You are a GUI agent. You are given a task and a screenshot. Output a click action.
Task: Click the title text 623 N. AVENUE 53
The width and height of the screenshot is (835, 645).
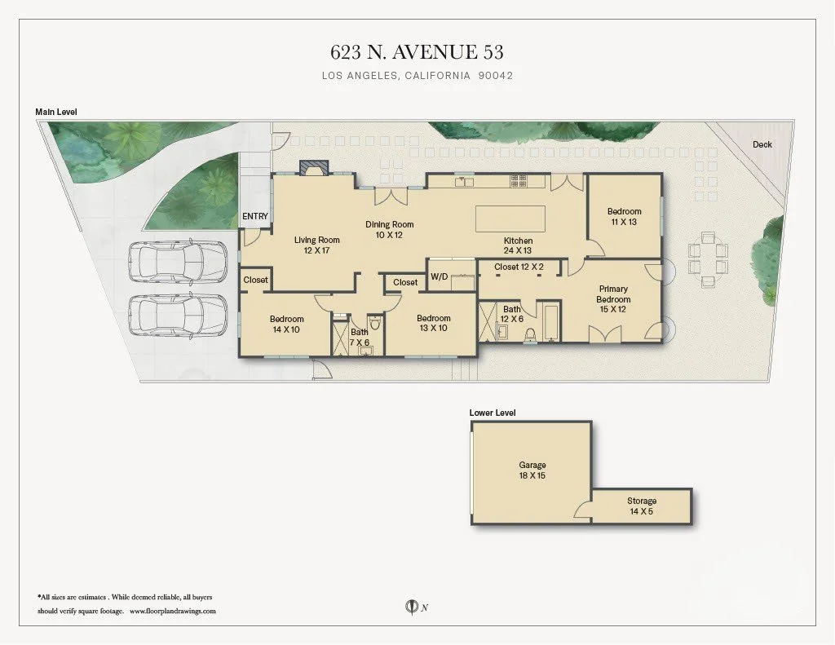[x=417, y=52]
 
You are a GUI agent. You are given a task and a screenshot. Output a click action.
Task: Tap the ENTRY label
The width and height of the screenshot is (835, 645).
[x=255, y=216]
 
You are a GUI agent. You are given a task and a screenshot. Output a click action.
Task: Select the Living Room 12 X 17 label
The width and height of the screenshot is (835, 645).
[x=316, y=245]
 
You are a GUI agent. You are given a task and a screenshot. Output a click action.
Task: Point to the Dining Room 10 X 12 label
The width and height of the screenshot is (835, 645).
[x=389, y=229]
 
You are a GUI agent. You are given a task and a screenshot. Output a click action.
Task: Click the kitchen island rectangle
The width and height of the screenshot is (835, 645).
[x=510, y=219]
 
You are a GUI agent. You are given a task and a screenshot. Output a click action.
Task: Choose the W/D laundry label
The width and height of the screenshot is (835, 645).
[x=439, y=276]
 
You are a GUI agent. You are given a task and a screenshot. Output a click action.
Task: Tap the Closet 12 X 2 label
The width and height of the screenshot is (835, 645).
[x=518, y=267]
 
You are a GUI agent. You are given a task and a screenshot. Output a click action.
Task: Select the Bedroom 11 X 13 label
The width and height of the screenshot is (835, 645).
[x=624, y=217]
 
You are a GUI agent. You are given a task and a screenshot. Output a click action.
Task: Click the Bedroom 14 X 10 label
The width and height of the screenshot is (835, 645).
[x=286, y=324]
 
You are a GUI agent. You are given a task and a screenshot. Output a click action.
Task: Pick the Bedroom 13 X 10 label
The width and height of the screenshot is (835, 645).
[x=433, y=323]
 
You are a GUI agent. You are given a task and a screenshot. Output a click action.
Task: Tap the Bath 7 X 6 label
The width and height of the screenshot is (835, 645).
[x=360, y=338]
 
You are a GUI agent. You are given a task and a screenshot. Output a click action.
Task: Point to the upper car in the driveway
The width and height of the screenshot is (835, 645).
[x=177, y=262]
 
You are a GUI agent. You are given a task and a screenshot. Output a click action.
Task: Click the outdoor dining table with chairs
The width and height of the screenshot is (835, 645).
[x=707, y=260]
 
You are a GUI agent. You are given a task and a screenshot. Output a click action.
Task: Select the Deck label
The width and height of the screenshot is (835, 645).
[x=762, y=144]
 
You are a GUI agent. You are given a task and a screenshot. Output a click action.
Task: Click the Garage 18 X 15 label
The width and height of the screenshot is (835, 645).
[x=532, y=470]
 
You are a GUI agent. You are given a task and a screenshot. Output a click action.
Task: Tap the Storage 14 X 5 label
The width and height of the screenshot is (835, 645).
[x=641, y=506]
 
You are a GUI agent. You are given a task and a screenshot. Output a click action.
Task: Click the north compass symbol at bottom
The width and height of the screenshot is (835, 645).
[x=412, y=606]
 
